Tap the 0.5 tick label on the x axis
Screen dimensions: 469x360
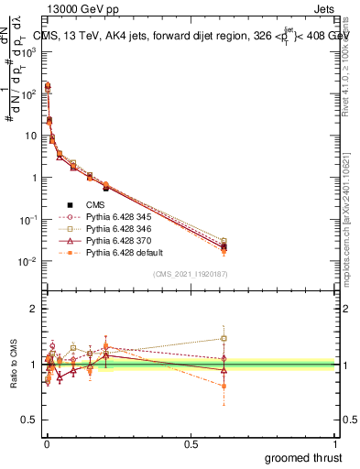pos(191,444)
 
